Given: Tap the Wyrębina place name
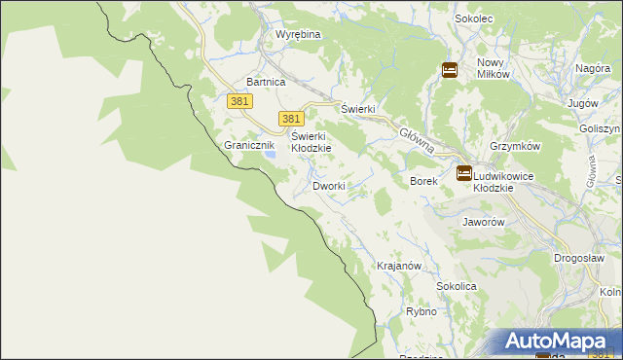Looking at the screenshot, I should (298, 34).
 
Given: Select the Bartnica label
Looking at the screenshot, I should (266, 83).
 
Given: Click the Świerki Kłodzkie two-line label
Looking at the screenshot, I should (311, 142).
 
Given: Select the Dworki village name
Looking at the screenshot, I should (329, 186).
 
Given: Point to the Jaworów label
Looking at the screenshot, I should (483, 221).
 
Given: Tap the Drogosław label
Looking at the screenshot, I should (580, 258).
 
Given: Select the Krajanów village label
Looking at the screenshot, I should (398, 266).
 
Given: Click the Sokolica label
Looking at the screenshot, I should (456, 287).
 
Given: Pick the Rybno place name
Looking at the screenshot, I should (421, 312).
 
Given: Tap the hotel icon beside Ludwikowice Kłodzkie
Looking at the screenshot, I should (464, 173).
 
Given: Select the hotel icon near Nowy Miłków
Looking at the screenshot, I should (450, 70).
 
